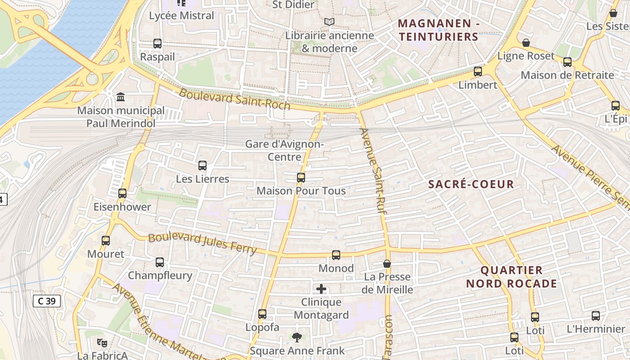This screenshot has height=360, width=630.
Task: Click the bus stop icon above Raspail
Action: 157,44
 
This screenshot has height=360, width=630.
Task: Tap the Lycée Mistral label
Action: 181,16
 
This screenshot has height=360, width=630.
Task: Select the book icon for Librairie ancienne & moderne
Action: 329,22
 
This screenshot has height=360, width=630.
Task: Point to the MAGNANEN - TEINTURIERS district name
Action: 438,30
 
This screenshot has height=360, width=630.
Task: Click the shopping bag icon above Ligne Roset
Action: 526,43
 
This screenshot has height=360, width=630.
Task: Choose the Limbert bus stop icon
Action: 478,72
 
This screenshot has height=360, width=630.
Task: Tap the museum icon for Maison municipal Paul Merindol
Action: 121,97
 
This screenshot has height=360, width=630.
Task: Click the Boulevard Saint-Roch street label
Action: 234,99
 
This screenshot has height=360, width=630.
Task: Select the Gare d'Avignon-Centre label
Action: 284,150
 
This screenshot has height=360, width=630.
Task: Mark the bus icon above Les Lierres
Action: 202,166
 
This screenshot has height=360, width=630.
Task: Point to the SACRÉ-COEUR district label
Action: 471,184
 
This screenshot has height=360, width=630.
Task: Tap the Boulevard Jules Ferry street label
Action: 202,243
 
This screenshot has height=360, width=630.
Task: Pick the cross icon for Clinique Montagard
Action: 321,289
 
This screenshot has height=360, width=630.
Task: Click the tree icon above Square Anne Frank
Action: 297,337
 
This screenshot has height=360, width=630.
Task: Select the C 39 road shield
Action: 46,301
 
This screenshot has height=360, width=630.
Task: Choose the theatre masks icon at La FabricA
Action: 102,343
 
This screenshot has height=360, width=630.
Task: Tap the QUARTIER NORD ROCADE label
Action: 511,277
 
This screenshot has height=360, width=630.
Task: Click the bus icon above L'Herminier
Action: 596,316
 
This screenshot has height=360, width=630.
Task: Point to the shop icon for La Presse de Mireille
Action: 387,264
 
